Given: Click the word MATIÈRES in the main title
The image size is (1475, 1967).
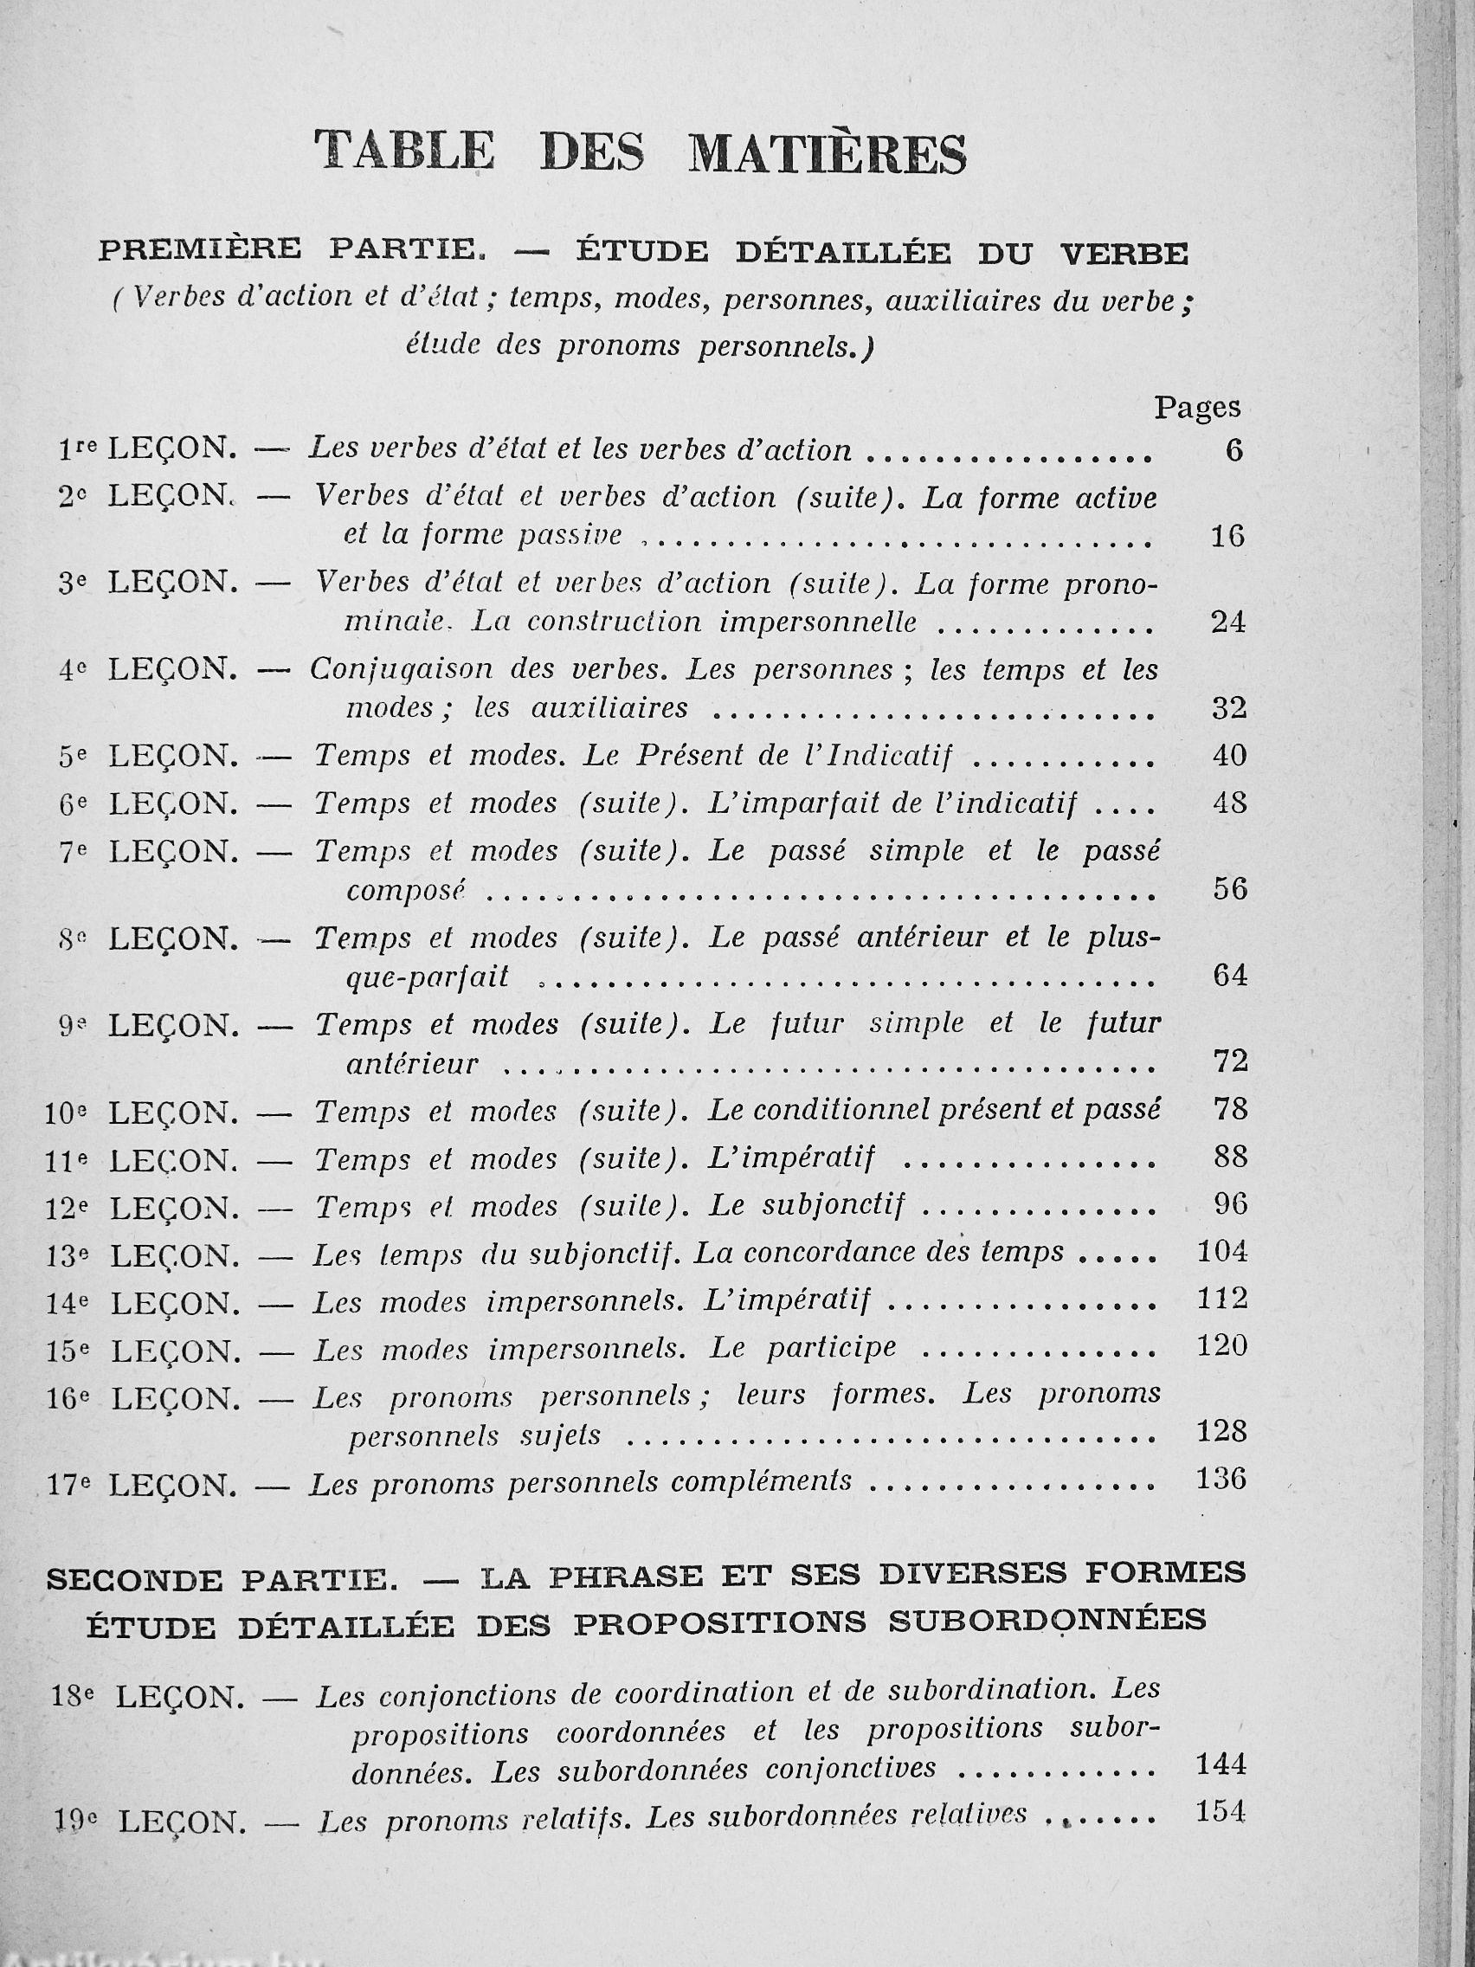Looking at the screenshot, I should pos(828,153).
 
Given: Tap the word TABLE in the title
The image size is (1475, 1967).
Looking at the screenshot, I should pos(404,150).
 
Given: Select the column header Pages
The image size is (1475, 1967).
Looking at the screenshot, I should pos(1197,407).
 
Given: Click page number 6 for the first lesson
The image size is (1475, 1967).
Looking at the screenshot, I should pos(1233,451).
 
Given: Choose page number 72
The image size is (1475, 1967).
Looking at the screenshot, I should pos(1230,1061).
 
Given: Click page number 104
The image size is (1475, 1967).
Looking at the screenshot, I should pos(1221,1252).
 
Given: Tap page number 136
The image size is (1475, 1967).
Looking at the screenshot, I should pos(1221,1479).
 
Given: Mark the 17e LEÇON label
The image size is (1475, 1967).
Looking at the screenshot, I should pos(143,1484).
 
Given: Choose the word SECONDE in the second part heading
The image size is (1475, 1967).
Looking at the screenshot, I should pos(134,1580).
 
